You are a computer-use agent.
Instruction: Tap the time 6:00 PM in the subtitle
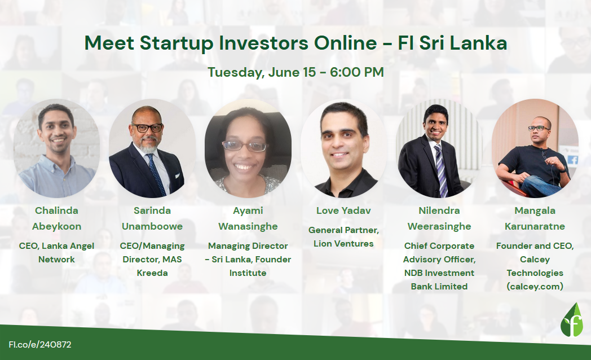pyautogui.click(x=357, y=72)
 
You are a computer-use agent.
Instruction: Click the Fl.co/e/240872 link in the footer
pyautogui.click(x=40, y=345)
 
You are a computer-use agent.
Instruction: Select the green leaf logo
pyautogui.click(x=571, y=320)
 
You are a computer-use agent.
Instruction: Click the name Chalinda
pyautogui.click(x=56, y=210)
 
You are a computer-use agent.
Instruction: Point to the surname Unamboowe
pyautogui.click(x=152, y=226)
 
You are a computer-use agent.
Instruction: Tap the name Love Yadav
pyautogui.click(x=343, y=210)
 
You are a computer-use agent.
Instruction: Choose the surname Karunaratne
pyautogui.click(x=535, y=226)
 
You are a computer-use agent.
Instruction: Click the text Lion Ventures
pyautogui.click(x=343, y=244)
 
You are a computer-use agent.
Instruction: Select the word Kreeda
pyautogui.click(x=152, y=273)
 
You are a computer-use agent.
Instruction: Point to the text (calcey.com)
pyautogui.click(x=535, y=287)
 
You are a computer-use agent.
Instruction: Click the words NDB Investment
pyautogui.click(x=439, y=273)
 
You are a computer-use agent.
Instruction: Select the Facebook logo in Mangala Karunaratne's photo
pyautogui.click(x=572, y=160)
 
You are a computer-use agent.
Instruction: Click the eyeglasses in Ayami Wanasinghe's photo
pyautogui.click(x=245, y=146)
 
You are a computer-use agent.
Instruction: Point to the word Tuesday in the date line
pyautogui.click(x=236, y=72)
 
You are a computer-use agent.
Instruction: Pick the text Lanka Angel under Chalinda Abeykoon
pyautogui.click(x=68, y=246)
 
